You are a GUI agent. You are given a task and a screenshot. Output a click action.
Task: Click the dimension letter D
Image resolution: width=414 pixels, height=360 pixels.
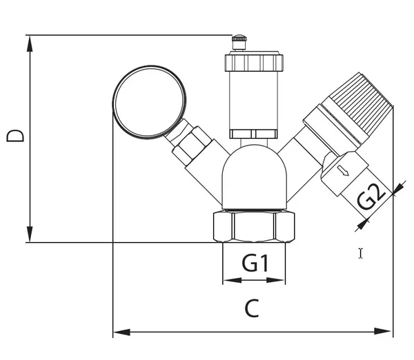15,136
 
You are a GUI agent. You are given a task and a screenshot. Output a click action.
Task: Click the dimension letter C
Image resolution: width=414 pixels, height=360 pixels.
252,308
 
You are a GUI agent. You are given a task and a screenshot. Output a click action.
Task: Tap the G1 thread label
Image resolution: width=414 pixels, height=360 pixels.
255,263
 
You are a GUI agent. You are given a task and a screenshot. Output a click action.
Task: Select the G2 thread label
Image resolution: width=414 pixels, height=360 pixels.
371,197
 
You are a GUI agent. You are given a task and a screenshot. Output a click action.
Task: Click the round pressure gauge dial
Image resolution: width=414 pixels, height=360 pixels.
150,102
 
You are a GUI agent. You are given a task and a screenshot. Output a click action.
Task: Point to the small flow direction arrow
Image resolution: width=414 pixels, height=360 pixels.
344,170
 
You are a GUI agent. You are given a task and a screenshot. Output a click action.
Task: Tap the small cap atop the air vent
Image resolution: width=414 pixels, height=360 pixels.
239,42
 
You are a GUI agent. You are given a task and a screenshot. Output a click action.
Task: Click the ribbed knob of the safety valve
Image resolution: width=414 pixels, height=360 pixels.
361,99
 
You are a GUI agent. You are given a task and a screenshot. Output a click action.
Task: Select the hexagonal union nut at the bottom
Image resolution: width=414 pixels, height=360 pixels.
254,226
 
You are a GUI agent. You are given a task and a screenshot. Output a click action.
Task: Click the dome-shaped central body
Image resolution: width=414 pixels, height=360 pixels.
254,177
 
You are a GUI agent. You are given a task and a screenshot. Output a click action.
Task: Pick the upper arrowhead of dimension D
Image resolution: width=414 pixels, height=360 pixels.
30,44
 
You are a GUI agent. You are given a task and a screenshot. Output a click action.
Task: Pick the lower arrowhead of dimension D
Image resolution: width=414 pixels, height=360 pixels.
30,234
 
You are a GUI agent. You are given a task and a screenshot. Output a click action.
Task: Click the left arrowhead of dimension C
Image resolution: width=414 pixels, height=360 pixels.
121,332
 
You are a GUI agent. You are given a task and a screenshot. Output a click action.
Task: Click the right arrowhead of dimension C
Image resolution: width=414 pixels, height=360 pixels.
384,331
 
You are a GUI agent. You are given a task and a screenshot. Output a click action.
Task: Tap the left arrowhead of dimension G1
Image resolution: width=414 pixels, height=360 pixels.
232,280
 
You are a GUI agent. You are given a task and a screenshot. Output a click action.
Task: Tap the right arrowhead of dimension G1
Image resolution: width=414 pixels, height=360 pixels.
275,280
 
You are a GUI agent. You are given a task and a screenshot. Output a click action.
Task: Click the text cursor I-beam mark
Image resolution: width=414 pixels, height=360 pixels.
361,253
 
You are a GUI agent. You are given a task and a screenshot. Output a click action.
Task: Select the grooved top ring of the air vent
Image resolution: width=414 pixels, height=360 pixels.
254,63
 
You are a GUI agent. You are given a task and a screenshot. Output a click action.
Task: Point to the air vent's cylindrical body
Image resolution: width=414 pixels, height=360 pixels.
254,100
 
